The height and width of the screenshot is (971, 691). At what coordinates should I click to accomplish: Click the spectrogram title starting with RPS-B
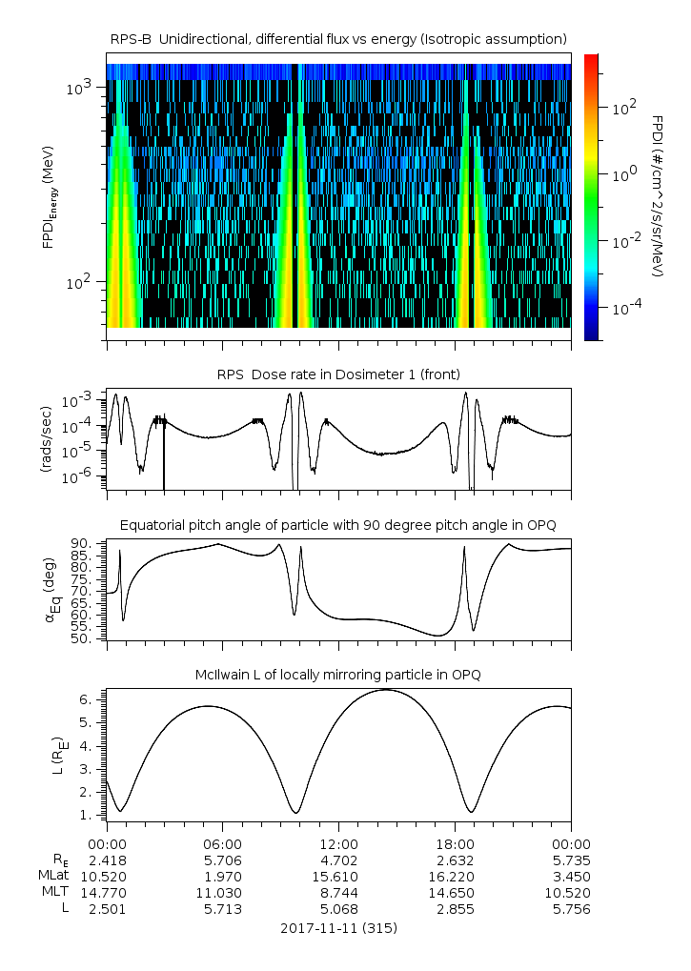click(x=338, y=38)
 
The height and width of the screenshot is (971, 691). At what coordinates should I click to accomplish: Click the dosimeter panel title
click(x=338, y=374)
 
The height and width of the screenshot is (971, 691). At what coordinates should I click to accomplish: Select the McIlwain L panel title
click(x=338, y=675)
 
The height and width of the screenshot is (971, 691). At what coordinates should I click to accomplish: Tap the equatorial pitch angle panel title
click(x=338, y=525)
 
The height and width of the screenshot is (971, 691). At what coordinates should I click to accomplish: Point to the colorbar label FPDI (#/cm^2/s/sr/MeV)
click(x=658, y=196)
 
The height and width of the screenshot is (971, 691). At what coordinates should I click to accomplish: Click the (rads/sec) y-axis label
click(x=46, y=440)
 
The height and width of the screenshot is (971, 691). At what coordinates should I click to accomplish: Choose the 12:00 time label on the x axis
click(x=339, y=844)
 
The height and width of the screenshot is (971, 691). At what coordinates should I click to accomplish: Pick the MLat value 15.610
click(x=339, y=876)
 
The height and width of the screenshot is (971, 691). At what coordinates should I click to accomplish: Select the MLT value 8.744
click(x=339, y=892)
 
